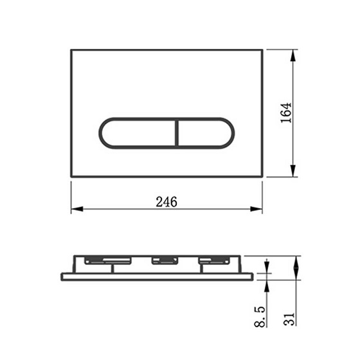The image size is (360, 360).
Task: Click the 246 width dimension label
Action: point(166,202)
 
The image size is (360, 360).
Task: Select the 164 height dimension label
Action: point(286,113)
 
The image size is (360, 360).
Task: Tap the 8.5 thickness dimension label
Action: point(260,316)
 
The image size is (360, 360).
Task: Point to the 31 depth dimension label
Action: point(289,319)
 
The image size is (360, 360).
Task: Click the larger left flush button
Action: point(138,133)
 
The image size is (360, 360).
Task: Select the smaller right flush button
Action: point(206,133)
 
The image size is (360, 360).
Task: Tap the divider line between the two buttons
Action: point(177,133)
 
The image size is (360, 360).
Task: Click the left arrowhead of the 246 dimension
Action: point(76,209)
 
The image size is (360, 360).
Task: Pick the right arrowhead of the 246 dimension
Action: point(256,209)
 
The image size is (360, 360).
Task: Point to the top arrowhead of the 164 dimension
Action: point(292,55)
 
